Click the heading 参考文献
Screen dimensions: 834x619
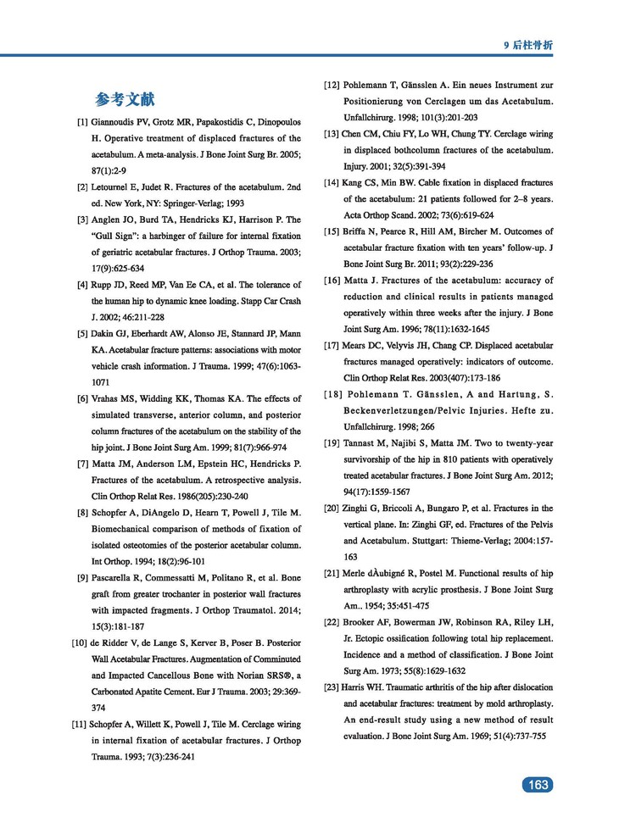125,98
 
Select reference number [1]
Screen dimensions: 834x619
83,122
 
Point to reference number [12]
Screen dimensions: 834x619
332,86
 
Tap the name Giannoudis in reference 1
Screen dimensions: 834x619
116,122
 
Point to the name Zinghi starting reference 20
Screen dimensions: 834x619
360,509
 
